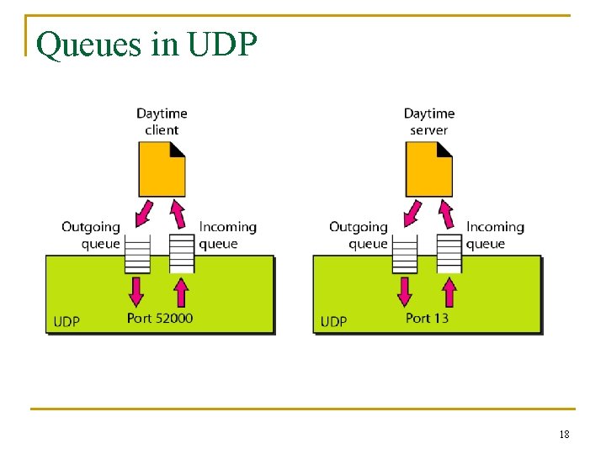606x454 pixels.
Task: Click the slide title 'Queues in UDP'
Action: click(147, 45)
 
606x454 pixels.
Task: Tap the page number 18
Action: click(563, 435)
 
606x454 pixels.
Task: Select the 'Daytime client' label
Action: click(162, 121)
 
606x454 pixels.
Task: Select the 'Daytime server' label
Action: click(428, 121)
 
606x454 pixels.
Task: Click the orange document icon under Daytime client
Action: click(162, 168)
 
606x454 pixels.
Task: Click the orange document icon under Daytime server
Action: click(428, 168)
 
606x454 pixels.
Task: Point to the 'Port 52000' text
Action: click(160, 318)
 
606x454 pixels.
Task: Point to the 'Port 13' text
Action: click(427, 318)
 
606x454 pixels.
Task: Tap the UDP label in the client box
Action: click(66, 321)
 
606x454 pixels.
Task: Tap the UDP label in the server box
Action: click(333, 321)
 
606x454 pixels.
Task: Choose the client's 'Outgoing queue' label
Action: click(91, 235)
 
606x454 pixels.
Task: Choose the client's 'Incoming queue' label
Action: click(227, 235)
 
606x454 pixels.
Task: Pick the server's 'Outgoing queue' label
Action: click(359, 235)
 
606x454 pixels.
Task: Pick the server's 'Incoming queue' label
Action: click(495, 235)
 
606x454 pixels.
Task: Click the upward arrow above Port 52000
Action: click(181, 291)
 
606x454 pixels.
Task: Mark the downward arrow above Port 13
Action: click(405, 291)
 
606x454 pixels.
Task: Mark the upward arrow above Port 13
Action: click(449, 291)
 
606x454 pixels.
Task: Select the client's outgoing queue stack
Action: click(137, 253)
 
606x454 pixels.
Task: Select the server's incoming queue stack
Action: click(449, 253)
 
